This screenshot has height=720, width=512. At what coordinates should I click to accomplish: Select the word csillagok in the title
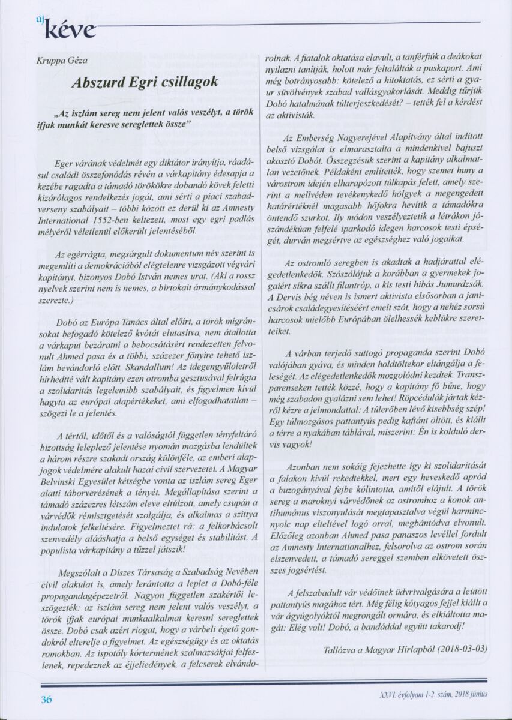tap(190, 84)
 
